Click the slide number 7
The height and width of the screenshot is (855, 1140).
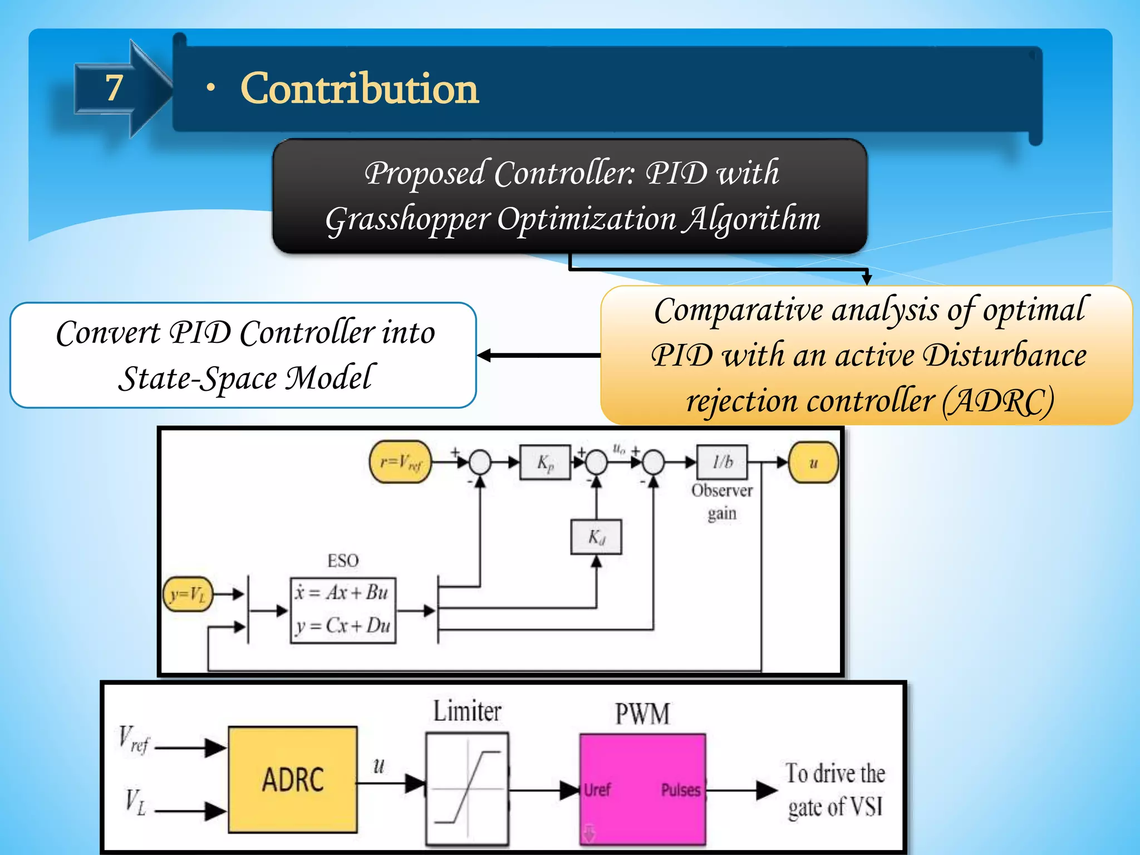click(x=114, y=88)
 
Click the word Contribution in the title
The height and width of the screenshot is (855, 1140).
click(x=359, y=89)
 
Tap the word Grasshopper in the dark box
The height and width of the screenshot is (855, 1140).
click(x=407, y=219)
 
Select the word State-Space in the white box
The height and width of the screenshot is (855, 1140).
click(x=197, y=379)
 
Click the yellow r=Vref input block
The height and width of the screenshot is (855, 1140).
click(x=400, y=462)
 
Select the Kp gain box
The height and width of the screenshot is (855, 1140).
click(x=545, y=462)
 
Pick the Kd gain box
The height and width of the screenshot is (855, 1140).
click(x=596, y=537)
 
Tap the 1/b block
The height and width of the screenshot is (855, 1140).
click(x=722, y=461)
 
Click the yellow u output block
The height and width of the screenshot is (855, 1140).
click(x=813, y=462)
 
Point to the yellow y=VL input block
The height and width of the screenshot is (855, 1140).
click(x=188, y=594)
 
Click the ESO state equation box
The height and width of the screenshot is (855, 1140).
click(x=343, y=610)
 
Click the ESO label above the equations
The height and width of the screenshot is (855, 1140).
click(x=343, y=561)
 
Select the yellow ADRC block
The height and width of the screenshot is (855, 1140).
click(x=293, y=779)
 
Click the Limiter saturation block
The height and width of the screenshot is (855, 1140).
click(x=467, y=789)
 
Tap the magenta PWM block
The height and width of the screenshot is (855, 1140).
click(x=642, y=789)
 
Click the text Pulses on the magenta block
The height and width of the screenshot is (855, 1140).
click(x=680, y=790)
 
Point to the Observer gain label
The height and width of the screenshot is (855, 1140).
click(x=722, y=502)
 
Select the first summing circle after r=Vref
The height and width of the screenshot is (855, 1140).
click(x=480, y=462)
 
